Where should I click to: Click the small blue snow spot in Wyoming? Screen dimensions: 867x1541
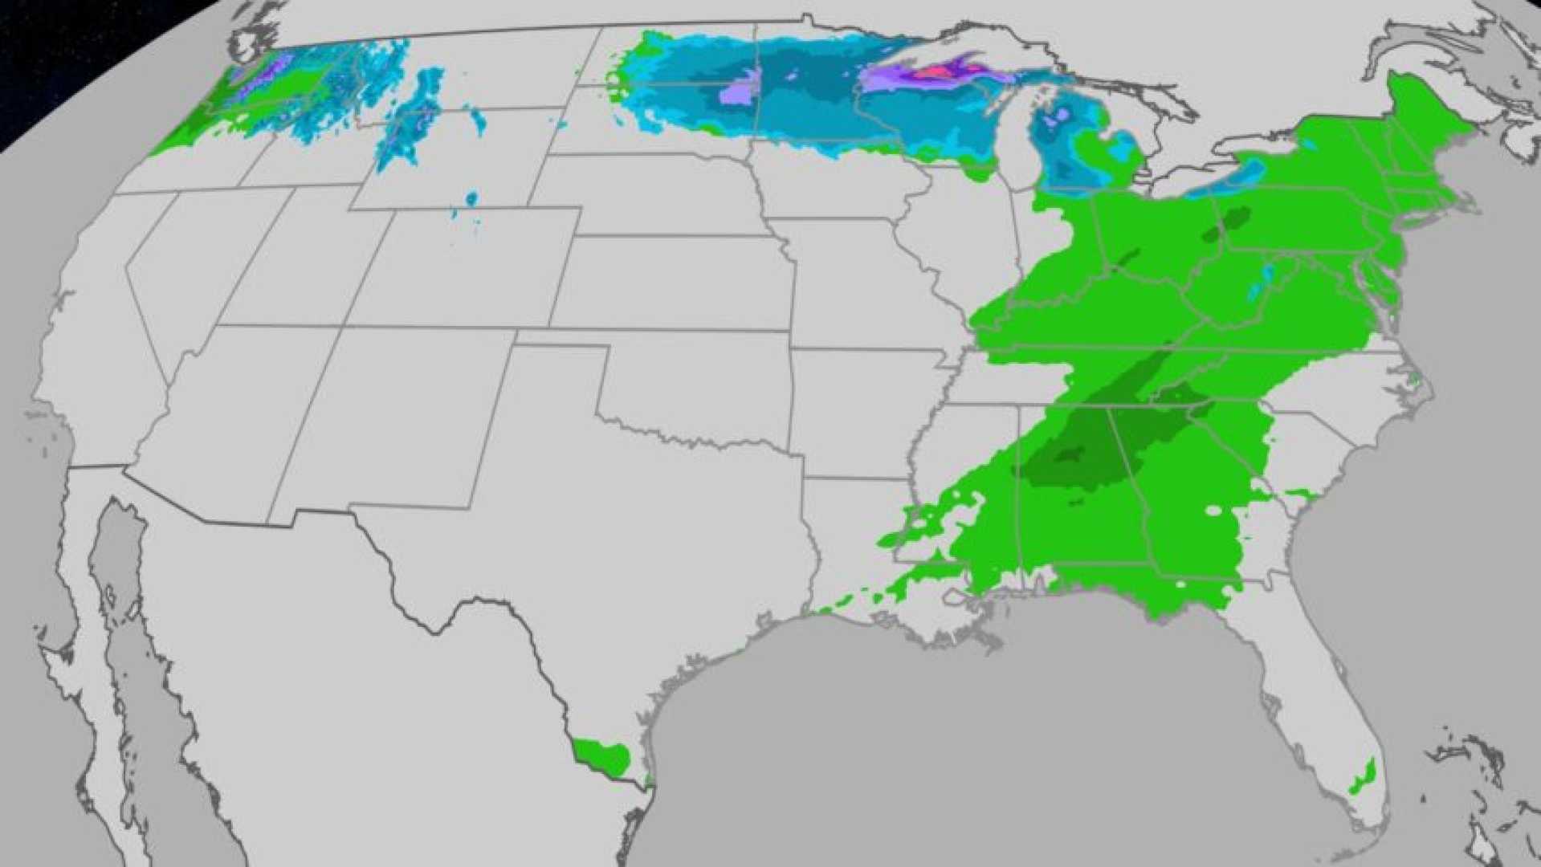pyautogui.click(x=471, y=198)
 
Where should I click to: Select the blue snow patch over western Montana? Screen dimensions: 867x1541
pyautogui.click(x=410, y=120)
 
